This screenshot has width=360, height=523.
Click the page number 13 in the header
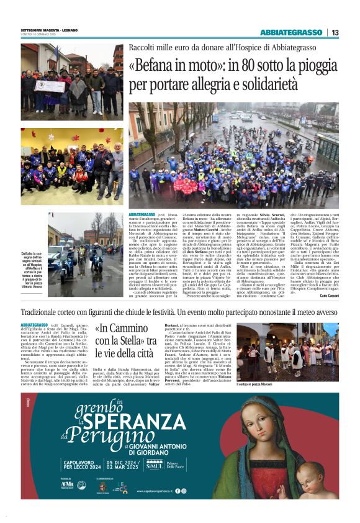point(335,32)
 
